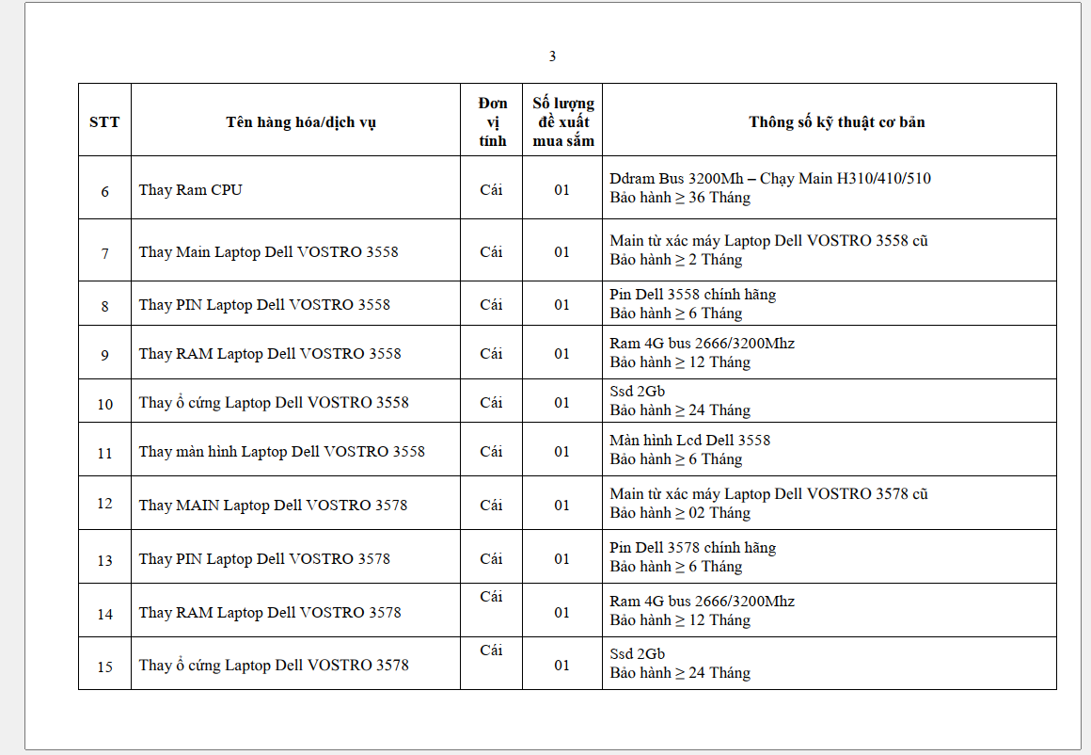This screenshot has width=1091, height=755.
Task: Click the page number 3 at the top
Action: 552,56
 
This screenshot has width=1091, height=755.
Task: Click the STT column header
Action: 104,121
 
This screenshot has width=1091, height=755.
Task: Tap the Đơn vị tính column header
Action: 492,121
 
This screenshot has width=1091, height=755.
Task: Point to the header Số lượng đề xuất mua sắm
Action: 562,121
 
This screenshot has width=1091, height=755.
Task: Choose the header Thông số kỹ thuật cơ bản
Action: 836,121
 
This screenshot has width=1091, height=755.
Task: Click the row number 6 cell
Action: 104,191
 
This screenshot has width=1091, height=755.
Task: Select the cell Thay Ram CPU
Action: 190,190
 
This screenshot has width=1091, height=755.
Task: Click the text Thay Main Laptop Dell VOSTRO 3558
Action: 268,252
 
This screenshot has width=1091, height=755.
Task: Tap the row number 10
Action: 104,404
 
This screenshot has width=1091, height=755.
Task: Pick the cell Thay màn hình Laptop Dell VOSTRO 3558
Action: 281,452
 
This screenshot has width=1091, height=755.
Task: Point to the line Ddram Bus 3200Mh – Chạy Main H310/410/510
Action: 769,179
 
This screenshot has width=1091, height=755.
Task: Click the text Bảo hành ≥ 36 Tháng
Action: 679,198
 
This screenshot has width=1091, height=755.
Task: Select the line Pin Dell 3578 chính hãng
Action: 692,548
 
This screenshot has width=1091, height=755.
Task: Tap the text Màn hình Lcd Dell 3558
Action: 689,441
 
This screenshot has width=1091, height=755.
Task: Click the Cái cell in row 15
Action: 491,651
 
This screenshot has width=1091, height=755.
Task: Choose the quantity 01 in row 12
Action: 561,506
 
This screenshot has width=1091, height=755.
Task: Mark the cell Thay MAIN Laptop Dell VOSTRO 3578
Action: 273,506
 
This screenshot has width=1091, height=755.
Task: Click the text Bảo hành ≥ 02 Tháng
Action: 679,513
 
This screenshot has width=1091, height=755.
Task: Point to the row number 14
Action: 104,614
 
